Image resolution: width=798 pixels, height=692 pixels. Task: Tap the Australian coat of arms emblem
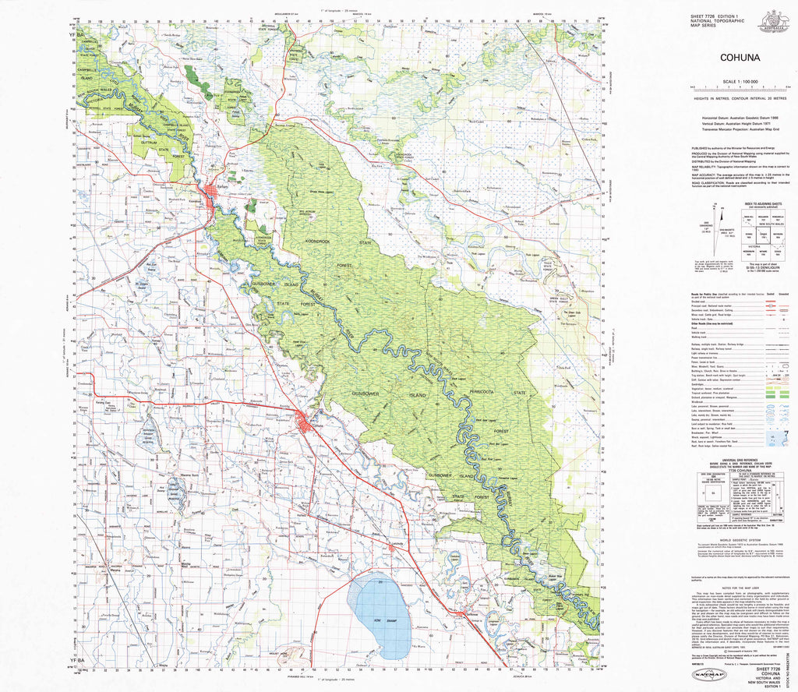pos(775,19)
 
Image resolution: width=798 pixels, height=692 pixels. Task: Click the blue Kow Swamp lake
pos(379,611)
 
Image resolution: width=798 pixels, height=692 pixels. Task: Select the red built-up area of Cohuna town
pos(307,423)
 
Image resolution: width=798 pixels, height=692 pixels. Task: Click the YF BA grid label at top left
pos(72,36)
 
